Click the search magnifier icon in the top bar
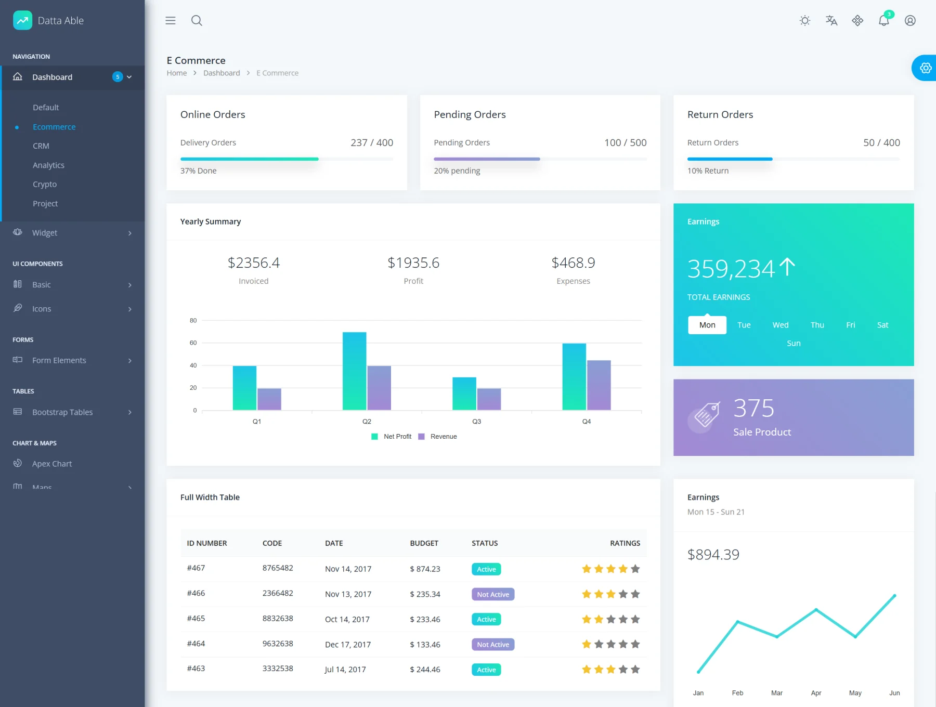[x=197, y=21]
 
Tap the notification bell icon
[x=883, y=21]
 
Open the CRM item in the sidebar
[x=41, y=146]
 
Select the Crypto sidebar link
[x=45, y=185]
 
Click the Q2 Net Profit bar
[x=354, y=371]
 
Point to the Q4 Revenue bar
[x=599, y=385]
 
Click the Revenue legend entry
[x=438, y=437]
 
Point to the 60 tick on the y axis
[x=193, y=343]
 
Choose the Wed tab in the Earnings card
[x=781, y=325]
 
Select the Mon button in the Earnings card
[x=707, y=325]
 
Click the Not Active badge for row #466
[x=493, y=594]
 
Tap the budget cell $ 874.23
[x=425, y=569]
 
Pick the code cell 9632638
[x=278, y=644]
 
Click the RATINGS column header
[x=625, y=543]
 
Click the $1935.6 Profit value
[x=413, y=263]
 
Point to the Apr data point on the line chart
[x=816, y=609]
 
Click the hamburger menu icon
[x=171, y=21]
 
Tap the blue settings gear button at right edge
[x=925, y=68]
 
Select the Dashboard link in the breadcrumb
[x=222, y=73]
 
